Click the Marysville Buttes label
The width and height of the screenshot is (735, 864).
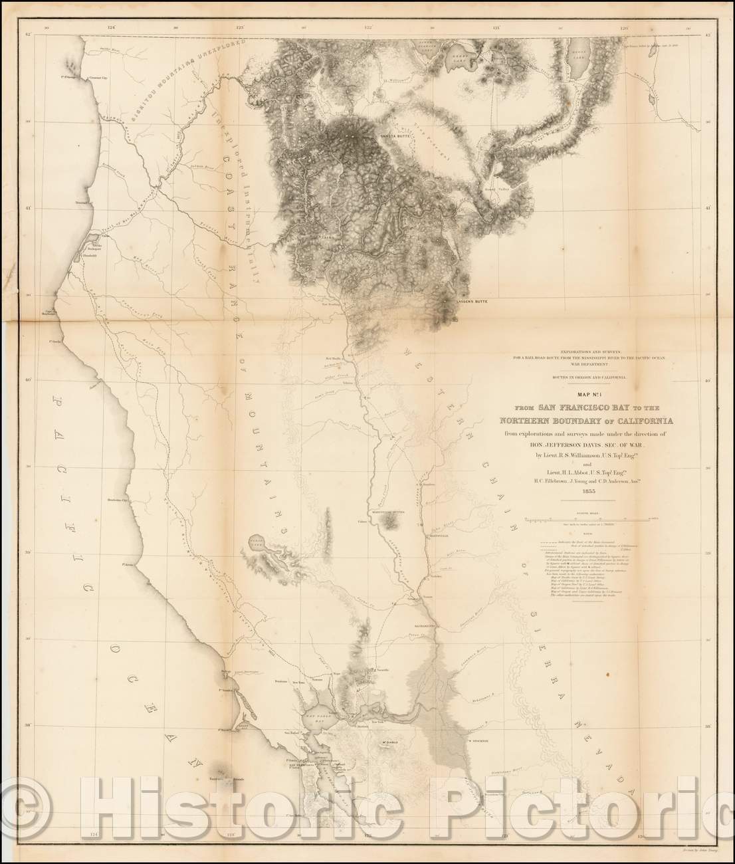point(387,512)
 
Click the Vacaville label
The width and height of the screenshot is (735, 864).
point(379,673)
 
